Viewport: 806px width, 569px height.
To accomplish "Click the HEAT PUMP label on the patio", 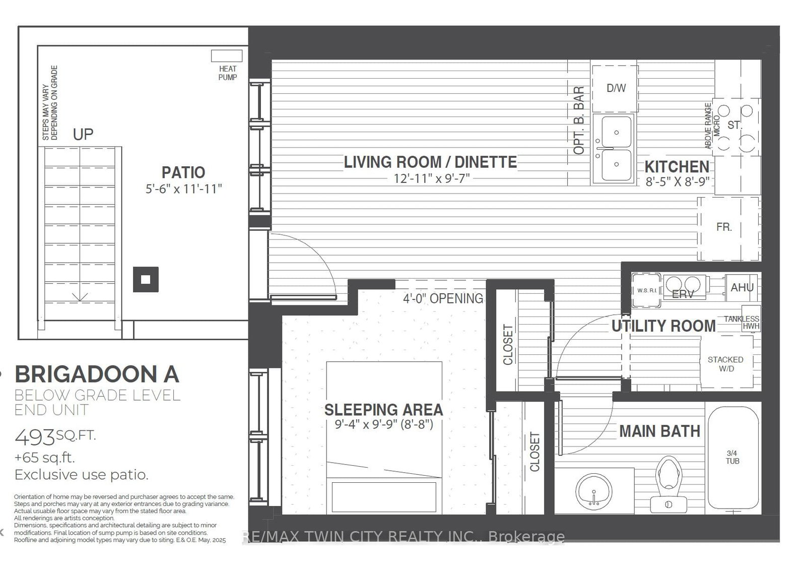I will (x=227, y=73).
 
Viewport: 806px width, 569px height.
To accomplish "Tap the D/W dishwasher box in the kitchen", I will (x=615, y=89).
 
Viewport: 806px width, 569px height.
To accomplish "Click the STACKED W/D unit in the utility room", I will (x=725, y=363).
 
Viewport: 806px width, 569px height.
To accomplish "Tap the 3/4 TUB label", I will (x=732, y=457).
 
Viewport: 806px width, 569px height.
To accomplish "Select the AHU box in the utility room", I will (x=742, y=287).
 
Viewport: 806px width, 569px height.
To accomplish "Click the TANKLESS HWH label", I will (x=742, y=322).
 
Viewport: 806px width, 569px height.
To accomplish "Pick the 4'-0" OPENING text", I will (x=443, y=298).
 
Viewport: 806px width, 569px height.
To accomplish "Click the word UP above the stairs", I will (x=83, y=134).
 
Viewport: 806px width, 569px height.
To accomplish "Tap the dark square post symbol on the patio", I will (x=146, y=279).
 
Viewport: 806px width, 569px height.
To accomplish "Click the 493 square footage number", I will (x=34, y=437).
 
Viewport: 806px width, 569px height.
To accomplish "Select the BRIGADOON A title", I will (x=97, y=374).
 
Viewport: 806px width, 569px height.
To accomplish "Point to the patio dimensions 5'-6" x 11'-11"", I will (x=183, y=188).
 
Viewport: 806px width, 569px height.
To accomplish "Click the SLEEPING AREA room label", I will (x=383, y=409).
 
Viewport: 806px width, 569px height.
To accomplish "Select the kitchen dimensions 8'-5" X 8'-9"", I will (x=678, y=181).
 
